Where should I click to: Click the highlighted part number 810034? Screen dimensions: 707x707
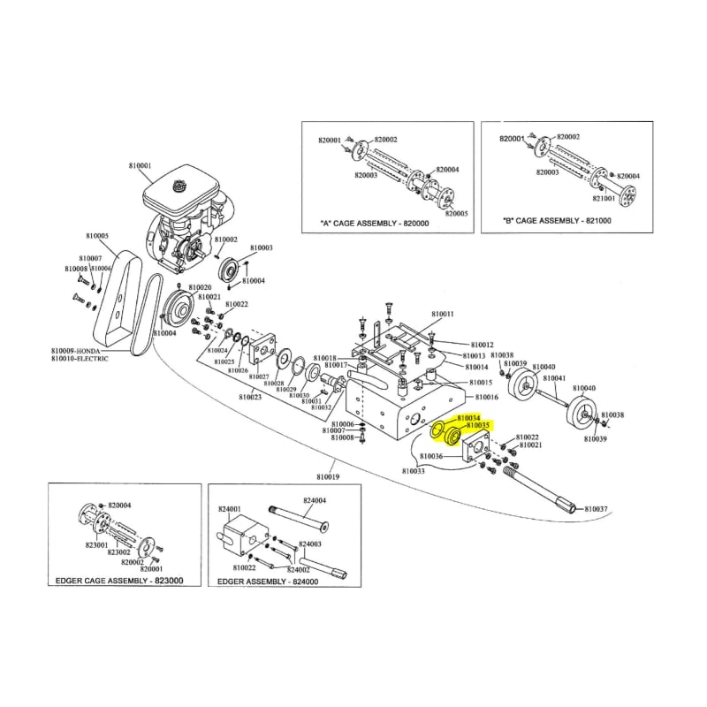click(x=468, y=417)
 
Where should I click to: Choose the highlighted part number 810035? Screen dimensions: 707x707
click(x=477, y=426)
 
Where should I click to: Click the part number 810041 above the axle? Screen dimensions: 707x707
click(x=554, y=377)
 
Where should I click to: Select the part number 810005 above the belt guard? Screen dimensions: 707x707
click(x=98, y=236)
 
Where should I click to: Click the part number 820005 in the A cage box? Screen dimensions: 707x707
click(x=458, y=213)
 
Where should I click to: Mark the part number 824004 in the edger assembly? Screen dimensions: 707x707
click(x=315, y=500)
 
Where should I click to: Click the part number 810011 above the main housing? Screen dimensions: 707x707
click(x=443, y=315)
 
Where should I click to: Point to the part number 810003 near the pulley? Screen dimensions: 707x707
click(x=262, y=248)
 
